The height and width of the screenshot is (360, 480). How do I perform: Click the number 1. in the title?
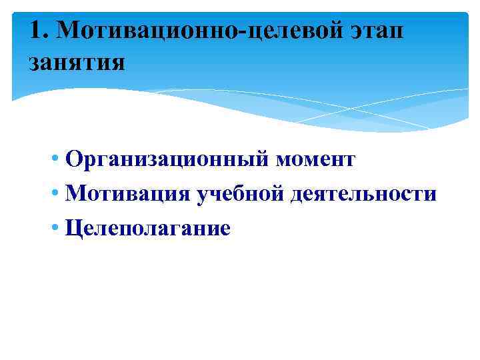click(x=39, y=30)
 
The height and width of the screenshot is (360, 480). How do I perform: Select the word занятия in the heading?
click(x=76, y=64)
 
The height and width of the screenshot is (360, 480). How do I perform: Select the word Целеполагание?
click(x=147, y=229)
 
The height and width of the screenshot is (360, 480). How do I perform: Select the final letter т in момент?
click(x=349, y=161)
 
